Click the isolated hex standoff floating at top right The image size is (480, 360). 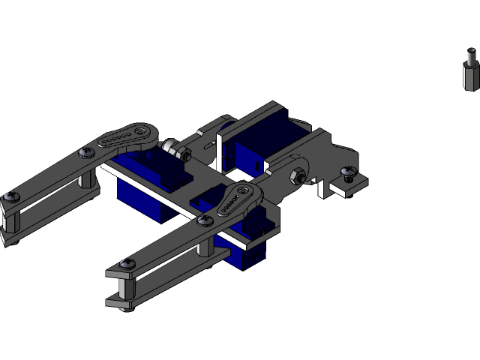[x=470, y=70]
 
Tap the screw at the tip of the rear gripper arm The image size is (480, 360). [x=11, y=196]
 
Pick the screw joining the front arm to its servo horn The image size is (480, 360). [x=205, y=220]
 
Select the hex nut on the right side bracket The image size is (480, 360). [x=297, y=176]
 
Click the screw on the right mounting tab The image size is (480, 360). [x=347, y=173]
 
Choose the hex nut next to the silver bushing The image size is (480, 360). [x=182, y=154]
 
